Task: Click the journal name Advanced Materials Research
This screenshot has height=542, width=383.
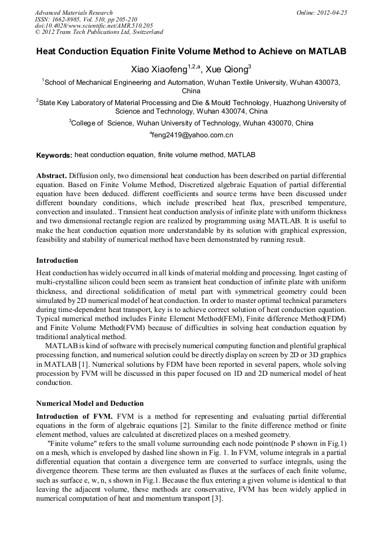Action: [73, 12]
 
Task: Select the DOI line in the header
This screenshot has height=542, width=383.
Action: [94, 25]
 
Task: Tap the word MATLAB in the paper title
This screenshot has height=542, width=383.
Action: [327, 51]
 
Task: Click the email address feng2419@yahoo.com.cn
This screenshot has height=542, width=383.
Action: [192, 135]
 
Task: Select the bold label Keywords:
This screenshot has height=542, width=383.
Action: [54, 155]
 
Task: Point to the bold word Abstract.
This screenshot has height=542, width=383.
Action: [51, 176]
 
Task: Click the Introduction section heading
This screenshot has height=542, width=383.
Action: [57, 261]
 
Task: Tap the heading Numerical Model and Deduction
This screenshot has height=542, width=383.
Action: [90, 404]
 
